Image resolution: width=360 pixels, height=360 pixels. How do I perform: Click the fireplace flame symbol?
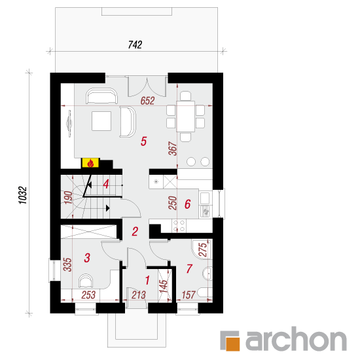pyautogui.click(x=90, y=163)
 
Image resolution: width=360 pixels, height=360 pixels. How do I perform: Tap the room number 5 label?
pyautogui.click(x=143, y=141)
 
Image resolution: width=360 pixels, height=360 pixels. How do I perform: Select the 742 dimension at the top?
pyautogui.click(x=135, y=45)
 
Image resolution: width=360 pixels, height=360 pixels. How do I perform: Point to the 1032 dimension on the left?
pyautogui.click(x=23, y=195)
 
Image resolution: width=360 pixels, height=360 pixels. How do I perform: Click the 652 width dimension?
pyautogui.click(x=147, y=101)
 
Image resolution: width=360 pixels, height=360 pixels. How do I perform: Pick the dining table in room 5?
pyautogui.click(x=185, y=116)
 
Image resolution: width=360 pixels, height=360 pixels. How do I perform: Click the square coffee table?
pyautogui.click(x=101, y=121)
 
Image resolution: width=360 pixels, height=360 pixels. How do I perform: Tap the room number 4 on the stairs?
pyautogui.click(x=106, y=184)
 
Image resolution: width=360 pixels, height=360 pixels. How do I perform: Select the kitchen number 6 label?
pyautogui.click(x=188, y=204)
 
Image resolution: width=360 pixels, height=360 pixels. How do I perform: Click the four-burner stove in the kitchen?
pyautogui.click(x=179, y=226)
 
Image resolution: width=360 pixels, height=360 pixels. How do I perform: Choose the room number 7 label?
pyautogui.click(x=189, y=268)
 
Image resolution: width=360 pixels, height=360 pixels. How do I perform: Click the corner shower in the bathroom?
pyautogui.click(x=202, y=249)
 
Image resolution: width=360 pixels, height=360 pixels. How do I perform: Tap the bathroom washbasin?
pyautogui.click(x=207, y=274)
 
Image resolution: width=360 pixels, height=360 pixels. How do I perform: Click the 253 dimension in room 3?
pyautogui.click(x=88, y=295)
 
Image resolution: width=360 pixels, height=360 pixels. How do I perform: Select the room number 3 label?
pyautogui.click(x=87, y=258)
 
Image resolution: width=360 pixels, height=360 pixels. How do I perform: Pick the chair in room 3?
pyautogui.click(x=86, y=281)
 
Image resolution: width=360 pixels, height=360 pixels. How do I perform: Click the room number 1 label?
pyautogui.click(x=147, y=280)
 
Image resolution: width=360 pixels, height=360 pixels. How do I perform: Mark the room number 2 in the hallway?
pyautogui.click(x=135, y=232)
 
